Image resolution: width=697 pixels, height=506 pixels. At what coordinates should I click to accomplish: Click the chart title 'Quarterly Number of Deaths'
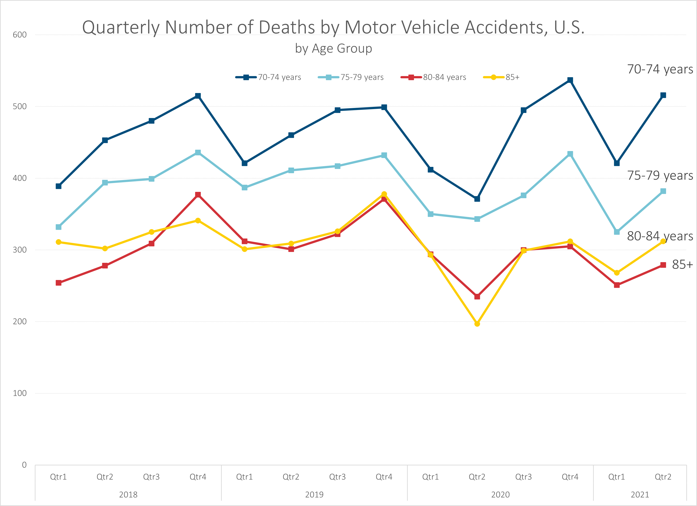[333, 27]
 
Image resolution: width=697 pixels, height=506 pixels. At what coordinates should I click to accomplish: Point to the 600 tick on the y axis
[20, 35]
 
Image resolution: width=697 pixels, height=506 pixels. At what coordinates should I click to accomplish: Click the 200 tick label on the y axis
[20, 321]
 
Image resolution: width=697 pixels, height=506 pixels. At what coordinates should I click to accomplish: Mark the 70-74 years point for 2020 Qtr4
[570, 80]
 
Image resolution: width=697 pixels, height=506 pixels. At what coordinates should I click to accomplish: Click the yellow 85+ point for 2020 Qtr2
[477, 324]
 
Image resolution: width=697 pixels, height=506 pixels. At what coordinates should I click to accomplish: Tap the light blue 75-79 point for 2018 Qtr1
[58, 227]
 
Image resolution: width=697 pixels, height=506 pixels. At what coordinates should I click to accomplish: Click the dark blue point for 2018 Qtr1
[58, 186]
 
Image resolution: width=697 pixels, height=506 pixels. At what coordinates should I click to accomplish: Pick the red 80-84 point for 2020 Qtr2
[477, 297]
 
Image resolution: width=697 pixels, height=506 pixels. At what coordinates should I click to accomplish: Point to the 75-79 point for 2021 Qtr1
[616, 232]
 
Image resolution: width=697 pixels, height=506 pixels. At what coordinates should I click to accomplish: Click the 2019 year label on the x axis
[314, 495]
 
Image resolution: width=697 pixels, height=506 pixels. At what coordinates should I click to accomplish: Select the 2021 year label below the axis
[640, 495]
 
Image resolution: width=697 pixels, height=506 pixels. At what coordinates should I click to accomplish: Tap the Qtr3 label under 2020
[523, 477]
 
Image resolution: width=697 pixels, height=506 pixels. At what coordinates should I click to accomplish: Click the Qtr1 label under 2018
[58, 477]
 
